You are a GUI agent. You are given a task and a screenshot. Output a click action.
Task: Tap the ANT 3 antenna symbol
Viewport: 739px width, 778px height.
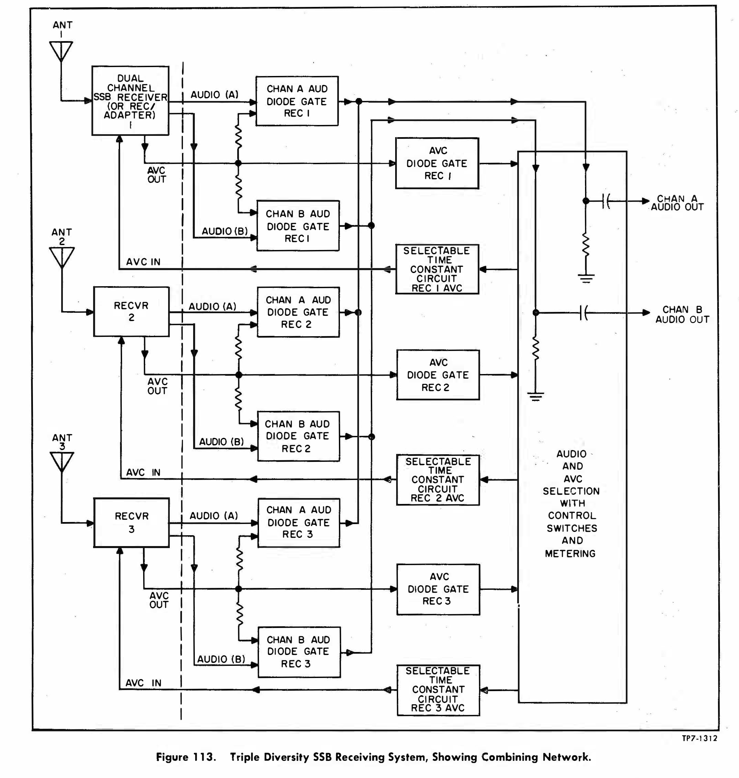pos(62,461)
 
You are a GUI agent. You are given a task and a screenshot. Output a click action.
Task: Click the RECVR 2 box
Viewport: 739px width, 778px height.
pos(131,312)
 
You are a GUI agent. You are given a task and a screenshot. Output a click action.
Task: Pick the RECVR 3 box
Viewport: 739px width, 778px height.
pos(132,522)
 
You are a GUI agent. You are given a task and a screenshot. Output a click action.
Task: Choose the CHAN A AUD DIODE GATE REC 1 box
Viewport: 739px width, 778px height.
pos(297,101)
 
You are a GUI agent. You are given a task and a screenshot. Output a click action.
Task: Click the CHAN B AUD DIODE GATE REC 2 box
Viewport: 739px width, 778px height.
pos(298,436)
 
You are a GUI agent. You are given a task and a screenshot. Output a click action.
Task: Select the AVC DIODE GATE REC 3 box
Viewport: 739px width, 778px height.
pos(438,589)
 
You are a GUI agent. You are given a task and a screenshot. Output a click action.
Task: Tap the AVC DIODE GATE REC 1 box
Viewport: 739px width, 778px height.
pos(437,163)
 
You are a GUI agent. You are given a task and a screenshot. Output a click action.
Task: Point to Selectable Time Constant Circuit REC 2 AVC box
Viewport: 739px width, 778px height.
pos(438,480)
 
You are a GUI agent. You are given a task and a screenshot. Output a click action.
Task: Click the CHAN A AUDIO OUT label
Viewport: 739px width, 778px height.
pos(677,203)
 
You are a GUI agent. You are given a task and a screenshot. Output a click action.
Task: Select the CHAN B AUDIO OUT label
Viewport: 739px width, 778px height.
pos(682,315)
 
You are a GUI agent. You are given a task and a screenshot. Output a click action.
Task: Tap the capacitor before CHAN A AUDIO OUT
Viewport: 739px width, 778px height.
pos(606,201)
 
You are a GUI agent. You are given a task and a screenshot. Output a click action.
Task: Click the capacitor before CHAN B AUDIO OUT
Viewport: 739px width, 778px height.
pos(583,313)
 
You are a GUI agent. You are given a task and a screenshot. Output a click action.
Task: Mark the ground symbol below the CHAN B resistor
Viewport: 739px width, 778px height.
pos(535,396)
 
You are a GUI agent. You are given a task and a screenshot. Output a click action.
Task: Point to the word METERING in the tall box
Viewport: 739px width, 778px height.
pos(570,553)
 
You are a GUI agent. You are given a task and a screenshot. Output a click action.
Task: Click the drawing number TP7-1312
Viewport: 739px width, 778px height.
pos(699,738)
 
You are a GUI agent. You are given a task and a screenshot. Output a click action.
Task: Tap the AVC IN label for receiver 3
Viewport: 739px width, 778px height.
pos(143,683)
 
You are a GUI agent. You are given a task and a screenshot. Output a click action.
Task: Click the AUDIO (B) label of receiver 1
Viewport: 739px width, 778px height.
pos(224,231)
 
